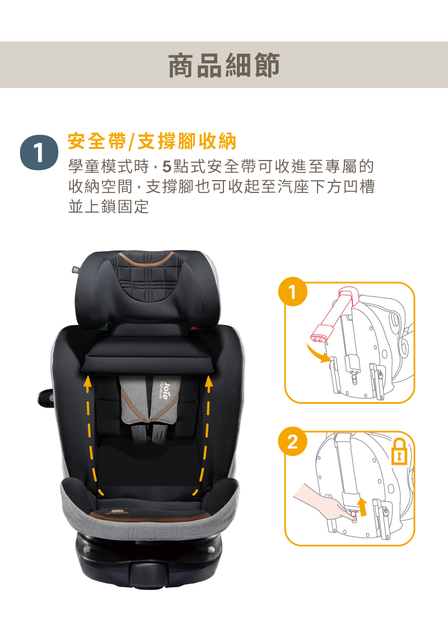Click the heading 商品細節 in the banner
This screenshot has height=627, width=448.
pos(224,65)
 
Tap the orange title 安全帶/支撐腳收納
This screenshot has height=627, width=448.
pos(152,141)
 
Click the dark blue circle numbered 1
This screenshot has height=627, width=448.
pos(39,153)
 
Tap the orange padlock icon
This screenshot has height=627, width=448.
pos(399,452)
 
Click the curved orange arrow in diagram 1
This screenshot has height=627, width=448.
pos(318,355)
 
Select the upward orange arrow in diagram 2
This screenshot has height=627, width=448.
pos(363,506)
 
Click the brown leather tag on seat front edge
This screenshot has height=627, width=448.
pos(118,512)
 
